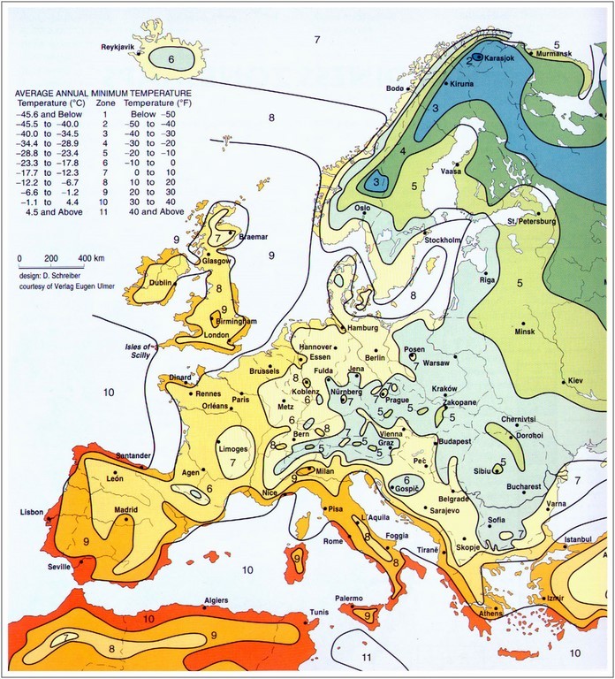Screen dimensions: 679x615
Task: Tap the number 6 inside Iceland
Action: [173, 58]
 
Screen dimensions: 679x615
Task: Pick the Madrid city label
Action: [114, 510]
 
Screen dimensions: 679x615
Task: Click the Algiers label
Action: [216, 599]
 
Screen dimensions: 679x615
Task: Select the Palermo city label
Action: [347, 599]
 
